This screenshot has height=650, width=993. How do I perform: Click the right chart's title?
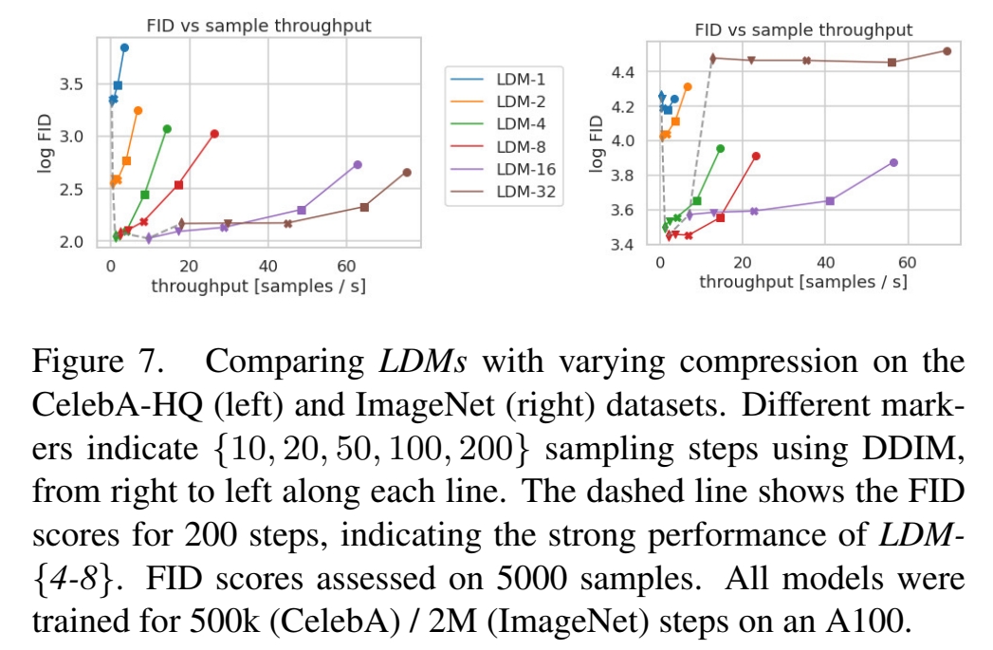[803, 30]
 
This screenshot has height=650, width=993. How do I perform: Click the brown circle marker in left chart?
[407, 173]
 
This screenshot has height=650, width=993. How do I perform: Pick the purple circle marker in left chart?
[358, 164]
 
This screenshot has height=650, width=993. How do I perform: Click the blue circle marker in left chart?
[124, 47]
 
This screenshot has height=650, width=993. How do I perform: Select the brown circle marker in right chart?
[947, 51]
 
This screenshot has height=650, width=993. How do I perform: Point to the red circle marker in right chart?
[756, 157]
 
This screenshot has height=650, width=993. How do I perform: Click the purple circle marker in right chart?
[893, 162]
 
